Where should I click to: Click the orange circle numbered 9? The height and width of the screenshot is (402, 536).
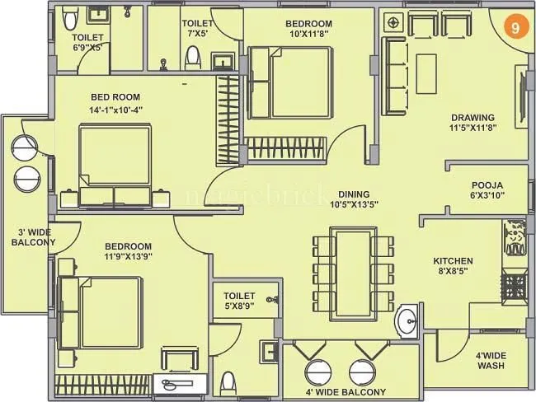click(x=515, y=26)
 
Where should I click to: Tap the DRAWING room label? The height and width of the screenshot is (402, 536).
click(x=472, y=123)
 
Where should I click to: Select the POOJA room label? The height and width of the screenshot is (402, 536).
click(x=487, y=190)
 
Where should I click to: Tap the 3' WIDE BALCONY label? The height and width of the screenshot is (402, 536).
click(x=33, y=237)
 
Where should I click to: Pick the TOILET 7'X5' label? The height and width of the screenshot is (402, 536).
click(x=198, y=30)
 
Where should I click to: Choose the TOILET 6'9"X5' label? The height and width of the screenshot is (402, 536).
click(x=87, y=42)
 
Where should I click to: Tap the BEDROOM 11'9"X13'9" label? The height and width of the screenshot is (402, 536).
click(x=128, y=252)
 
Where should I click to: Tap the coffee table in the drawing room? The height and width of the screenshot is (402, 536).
click(x=426, y=66)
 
